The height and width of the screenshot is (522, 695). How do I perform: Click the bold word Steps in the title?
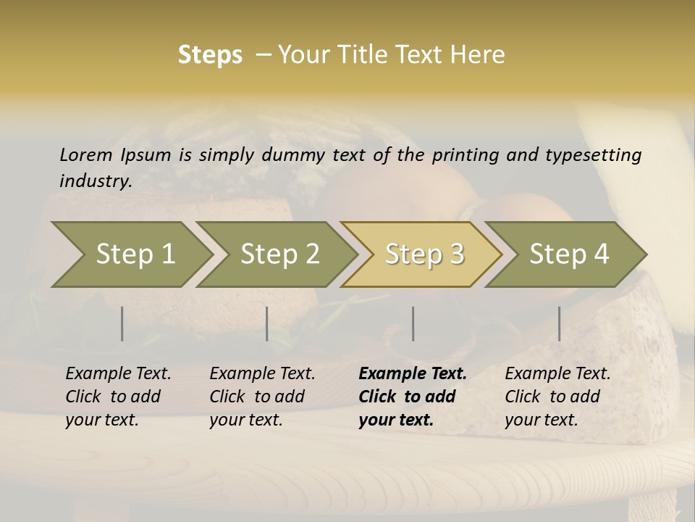[210, 55]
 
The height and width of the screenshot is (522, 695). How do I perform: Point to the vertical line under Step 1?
[122, 323]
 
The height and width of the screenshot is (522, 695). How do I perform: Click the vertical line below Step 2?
[267, 323]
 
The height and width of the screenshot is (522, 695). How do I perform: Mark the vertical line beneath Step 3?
[413, 323]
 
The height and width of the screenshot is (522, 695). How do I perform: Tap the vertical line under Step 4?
[559, 323]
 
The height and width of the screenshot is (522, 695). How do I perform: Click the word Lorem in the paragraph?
[86, 155]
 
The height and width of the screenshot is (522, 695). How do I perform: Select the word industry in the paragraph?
[96, 181]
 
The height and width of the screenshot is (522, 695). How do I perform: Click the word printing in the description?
[463, 155]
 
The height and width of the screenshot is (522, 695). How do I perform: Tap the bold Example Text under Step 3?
[413, 374]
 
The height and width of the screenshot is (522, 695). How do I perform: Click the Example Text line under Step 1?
[118, 374]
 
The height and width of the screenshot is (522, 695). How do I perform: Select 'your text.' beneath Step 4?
[542, 420]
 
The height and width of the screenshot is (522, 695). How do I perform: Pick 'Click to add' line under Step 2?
[257, 397]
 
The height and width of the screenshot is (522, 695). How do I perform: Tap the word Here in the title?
[479, 55]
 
